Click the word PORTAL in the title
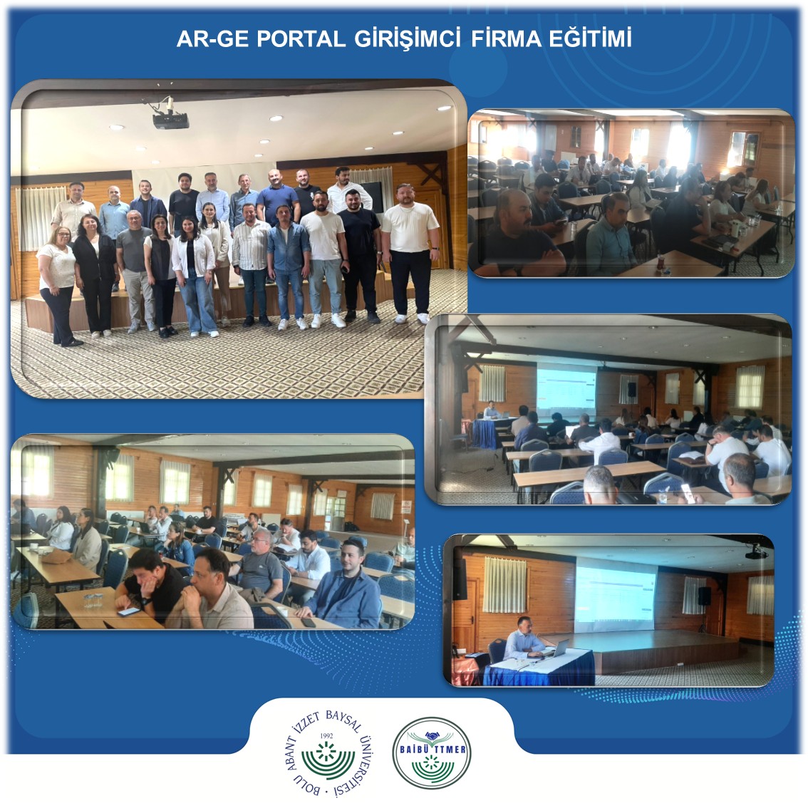[301, 40]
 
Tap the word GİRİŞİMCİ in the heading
[407, 40]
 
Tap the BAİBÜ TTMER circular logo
[432, 753]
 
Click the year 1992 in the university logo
[326, 736]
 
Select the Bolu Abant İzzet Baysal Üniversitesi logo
[328, 753]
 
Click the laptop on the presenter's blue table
[560, 647]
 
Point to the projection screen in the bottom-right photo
[616, 594]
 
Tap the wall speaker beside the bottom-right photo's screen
[704, 596]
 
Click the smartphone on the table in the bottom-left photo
[128, 611]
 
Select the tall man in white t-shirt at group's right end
[410, 252]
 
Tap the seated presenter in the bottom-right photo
[522, 639]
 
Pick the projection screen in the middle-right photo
[566, 386]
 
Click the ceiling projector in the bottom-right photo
[756, 552]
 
